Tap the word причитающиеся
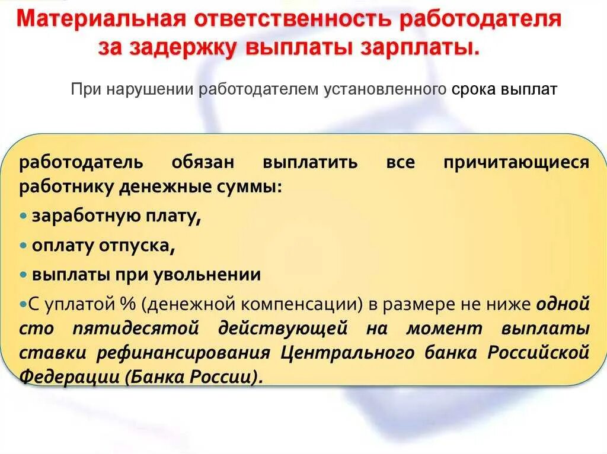click(516, 163)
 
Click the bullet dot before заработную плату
click(23, 216)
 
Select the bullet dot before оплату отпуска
click(23, 245)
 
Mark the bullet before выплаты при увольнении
click(23, 275)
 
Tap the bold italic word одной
click(563, 304)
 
